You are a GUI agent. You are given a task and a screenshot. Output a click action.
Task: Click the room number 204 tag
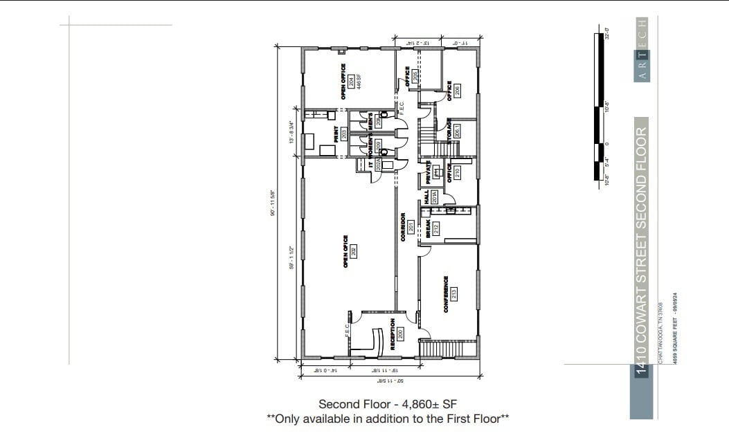click(x=352, y=82)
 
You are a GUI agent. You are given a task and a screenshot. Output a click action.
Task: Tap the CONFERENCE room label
click(x=447, y=294)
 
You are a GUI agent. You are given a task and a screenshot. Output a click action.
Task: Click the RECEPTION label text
click(x=393, y=334)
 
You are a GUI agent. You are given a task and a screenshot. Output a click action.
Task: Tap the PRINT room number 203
click(x=343, y=134)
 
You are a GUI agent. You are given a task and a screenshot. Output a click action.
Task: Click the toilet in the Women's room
click(x=384, y=151)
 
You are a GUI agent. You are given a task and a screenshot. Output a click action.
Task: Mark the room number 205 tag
click(x=415, y=77)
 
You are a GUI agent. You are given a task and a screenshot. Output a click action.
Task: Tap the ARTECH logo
click(x=642, y=50)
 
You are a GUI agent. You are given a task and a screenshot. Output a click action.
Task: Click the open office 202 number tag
click(x=353, y=250)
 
